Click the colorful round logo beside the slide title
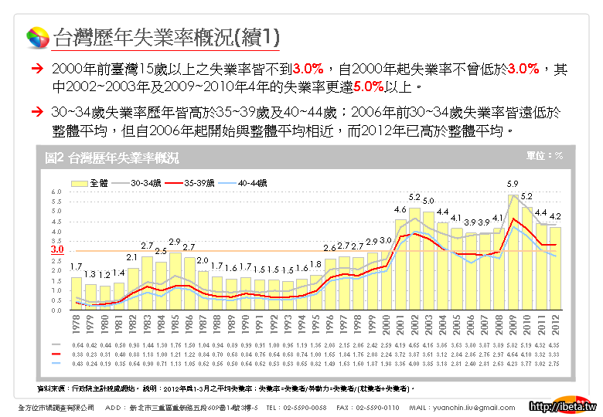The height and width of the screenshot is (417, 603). pos(37,37)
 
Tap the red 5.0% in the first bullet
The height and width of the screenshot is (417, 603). pos(367,86)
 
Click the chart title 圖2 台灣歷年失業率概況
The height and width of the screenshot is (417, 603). pos(112,158)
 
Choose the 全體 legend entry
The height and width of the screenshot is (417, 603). pos(91,183)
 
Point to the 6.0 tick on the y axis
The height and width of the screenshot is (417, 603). pos(56,192)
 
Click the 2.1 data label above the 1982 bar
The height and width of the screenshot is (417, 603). pos(132,257)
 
